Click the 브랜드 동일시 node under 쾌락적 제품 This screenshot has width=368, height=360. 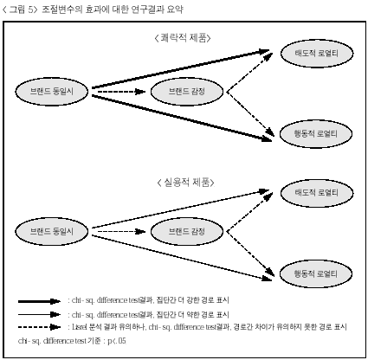pos(52,92)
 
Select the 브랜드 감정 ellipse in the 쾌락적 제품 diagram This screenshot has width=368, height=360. pos(187,92)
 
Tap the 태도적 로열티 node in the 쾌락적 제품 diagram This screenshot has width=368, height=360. pos(317,54)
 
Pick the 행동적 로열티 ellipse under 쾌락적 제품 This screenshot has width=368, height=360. pos(316,134)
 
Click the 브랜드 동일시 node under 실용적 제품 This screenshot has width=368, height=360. pos(52,231)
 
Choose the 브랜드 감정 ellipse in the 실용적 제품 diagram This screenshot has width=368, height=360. pos(187,231)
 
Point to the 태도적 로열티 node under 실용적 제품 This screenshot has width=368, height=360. pos(317,193)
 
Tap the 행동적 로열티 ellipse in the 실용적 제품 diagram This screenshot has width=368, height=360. pos(316,273)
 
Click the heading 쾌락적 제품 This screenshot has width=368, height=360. pos(184,38)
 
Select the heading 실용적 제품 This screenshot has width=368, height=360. pos(186,183)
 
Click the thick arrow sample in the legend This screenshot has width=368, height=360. pos(39,301)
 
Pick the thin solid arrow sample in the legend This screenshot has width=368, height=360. pos(39,314)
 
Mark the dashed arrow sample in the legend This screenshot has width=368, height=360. pos(39,327)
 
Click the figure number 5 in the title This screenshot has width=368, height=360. pos(31,10)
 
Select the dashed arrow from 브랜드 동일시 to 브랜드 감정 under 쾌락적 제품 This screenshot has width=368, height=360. pos(121,92)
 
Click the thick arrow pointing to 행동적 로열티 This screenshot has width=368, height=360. pos(182,119)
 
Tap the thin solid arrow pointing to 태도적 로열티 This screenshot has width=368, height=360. pos(181,209)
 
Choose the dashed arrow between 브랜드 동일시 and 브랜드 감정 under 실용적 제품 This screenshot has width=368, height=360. pos(121,231)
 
